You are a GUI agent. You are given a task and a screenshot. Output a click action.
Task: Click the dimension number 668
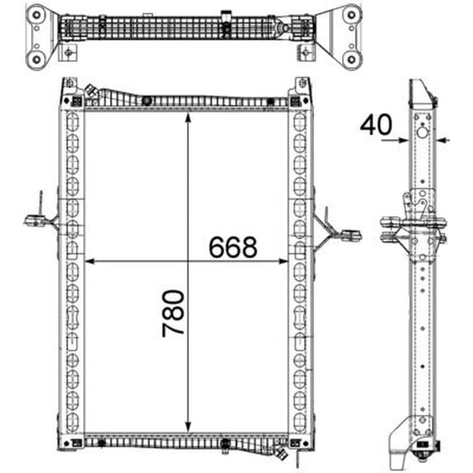tap(233, 247)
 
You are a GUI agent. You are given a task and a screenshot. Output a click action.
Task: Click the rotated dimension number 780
tap(173, 313)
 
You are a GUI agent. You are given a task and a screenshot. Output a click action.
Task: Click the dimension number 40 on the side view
tap(376, 125)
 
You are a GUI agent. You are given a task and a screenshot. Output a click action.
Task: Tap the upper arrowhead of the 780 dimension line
tap(188, 117)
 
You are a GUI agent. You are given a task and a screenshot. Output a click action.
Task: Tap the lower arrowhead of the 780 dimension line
tap(188, 427)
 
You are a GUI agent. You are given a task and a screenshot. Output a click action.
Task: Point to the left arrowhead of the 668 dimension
tap(90, 261)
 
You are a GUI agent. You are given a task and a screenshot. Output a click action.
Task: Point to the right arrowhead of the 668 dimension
tap(283, 261)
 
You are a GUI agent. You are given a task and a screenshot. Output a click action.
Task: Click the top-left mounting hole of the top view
tap(37, 15)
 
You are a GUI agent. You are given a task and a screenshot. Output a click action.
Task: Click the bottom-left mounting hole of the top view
tap(37, 59)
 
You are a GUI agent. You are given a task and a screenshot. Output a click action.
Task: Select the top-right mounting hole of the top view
tap(351, 15)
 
